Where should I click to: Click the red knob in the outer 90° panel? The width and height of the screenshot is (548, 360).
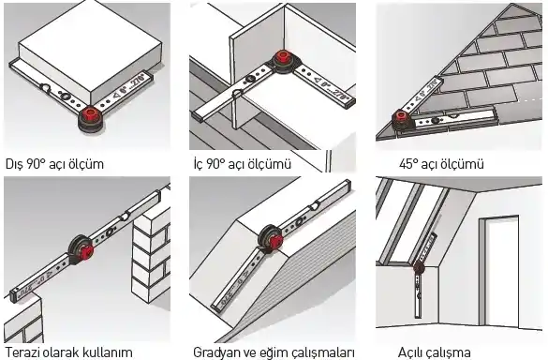click(91, 114)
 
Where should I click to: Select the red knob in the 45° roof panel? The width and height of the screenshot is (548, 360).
click(401, 117)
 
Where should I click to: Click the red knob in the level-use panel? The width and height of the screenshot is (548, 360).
click(85, 251)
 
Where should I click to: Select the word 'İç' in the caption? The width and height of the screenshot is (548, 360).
click(199, 163)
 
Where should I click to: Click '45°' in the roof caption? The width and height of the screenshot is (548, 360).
click(408, 164)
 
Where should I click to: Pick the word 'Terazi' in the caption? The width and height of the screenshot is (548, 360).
click(22, 352)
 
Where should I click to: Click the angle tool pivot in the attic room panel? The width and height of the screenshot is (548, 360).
click(419, 268)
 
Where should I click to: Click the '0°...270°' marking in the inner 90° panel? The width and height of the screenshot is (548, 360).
click(331, 88)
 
